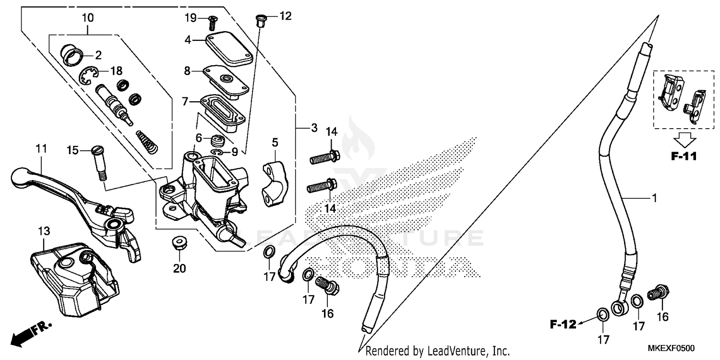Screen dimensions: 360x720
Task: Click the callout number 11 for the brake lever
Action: [x=41, y=149]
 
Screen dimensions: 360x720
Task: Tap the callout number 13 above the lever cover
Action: [x=44, y=231]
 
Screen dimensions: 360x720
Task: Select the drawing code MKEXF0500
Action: [x=671, y=348]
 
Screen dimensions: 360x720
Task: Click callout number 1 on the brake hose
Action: [x=654, y=198]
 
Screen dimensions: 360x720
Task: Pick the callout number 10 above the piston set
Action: [x=88, y=18]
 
